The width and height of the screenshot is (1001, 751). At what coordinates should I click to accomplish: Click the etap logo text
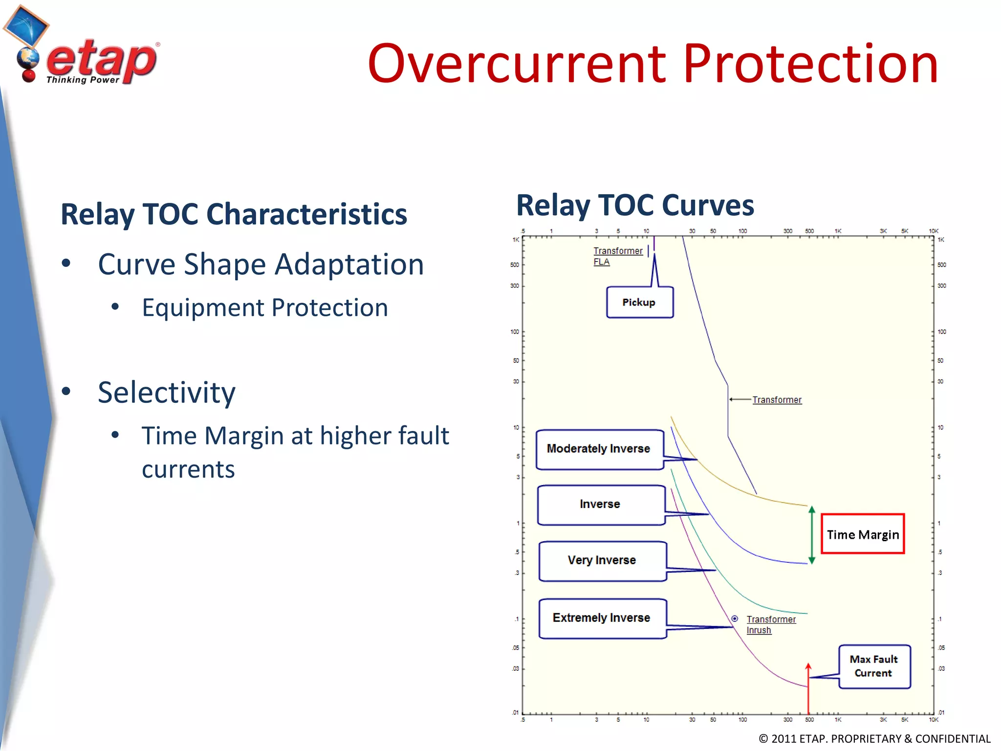pyautogui.click(x=101, y=61)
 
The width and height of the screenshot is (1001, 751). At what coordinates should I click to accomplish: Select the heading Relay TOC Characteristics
pyautogui.click(x=234, y=214)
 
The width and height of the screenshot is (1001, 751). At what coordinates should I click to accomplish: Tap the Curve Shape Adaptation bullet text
pyautogui.click(x=261, y=265)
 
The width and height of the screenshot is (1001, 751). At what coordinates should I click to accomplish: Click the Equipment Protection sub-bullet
pyautogui.click(x=265, y=308)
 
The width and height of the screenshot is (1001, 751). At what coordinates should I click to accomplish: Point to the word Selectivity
pyautogui.click(x=166, y=392)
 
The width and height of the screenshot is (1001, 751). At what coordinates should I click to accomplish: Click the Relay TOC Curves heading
pyautogui.click(x=635, y=205)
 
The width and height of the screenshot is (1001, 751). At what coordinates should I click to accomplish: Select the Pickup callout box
pyautogui.click(x=639, y=302)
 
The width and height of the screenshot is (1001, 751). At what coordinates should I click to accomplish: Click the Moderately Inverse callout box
pyautogui.click(x=599, y=449)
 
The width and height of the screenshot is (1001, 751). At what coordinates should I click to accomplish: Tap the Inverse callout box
pyautogui.click(x=600, y=504)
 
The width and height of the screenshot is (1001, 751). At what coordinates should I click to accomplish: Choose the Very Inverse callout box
pyautogui.click(x=602, y=560)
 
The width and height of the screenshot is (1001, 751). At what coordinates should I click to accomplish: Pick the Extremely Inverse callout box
pyautogui.click(x=602, y=618)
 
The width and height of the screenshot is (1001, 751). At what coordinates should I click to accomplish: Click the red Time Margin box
pyautogui.click(x=863, y=534)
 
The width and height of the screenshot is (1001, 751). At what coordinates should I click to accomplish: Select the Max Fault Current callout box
pyautogui.click(x=874, y=666)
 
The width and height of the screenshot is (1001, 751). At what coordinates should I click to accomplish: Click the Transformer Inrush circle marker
pyautogui.click(x=735, y=618)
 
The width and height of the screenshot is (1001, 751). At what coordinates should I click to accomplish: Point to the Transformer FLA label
pyautogui.click(x=617, y=256)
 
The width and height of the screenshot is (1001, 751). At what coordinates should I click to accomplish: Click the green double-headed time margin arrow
pyautogui.click(x=812, y=535)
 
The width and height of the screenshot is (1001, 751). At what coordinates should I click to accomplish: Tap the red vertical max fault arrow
pyautogui.click(x=808, y=689)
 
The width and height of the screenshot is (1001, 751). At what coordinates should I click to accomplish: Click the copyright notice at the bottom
pyautogui.click(x=874, y=738)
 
